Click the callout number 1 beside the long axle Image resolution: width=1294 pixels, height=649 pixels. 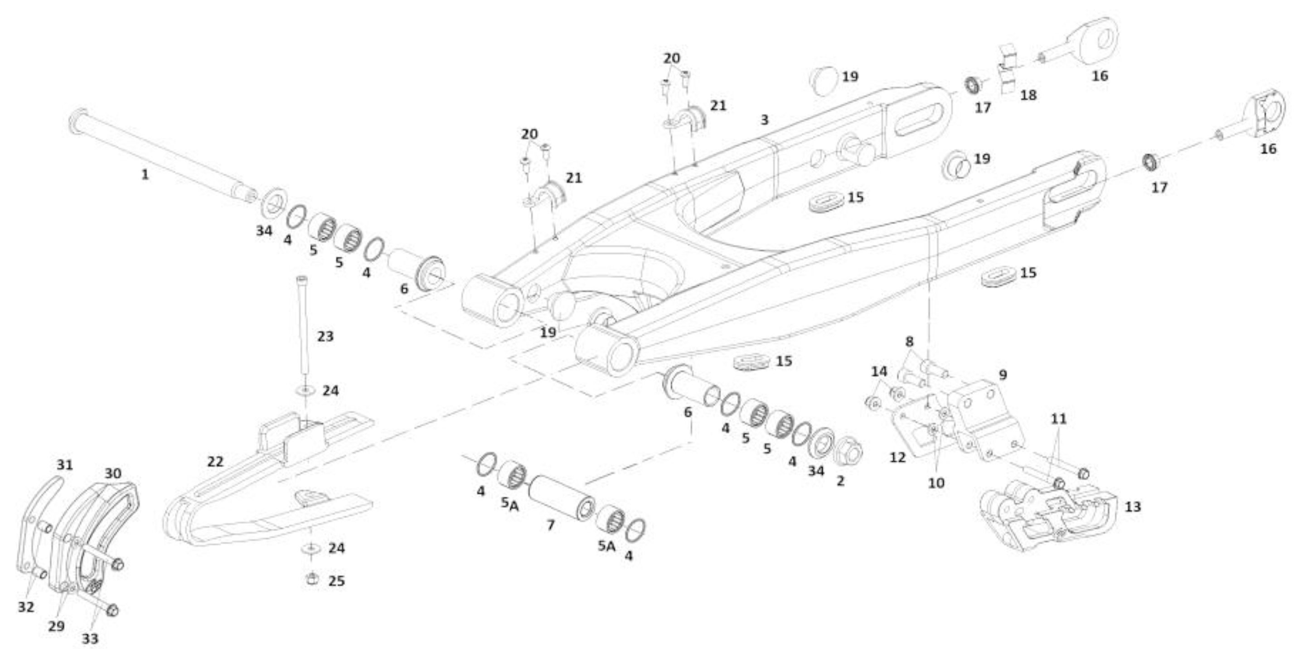pos(145,175)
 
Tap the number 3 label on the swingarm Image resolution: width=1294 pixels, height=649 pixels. pos(764,120)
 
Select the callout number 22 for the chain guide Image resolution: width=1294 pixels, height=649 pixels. pos(215,462)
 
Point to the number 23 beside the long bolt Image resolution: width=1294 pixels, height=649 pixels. pos(325,336)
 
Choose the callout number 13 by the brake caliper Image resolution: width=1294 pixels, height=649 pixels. pos(1132,507)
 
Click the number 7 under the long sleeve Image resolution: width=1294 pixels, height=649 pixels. pos(551,525)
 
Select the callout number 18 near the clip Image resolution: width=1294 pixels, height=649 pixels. pos(1028,94)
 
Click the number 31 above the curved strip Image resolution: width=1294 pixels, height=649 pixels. pos(64,465)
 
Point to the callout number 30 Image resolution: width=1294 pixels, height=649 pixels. pos(112,473)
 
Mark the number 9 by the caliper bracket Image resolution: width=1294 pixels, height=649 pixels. pos(1003,375)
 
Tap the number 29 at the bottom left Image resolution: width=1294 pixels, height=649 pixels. pos(56,626)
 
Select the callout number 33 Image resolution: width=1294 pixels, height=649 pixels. pos(90,639)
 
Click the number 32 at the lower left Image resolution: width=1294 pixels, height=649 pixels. pos(26,607)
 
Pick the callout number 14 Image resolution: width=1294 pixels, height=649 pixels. pos(879,371)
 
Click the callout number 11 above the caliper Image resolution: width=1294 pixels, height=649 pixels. pos(1059,419)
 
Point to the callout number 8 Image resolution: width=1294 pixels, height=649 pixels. pos(909,342)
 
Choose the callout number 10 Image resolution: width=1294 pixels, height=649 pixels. pos(936,483)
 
